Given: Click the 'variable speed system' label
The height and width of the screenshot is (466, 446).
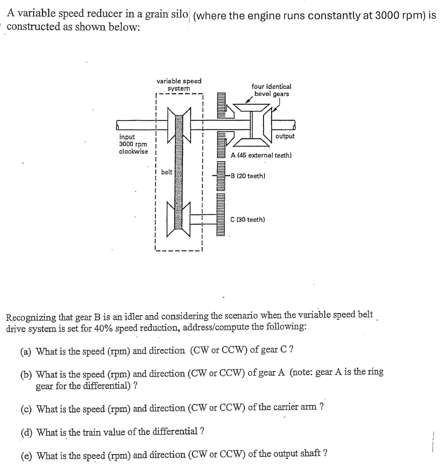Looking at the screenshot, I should click(x=179, y=85).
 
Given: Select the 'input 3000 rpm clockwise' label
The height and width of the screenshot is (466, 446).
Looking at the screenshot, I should click(x=133, y=144).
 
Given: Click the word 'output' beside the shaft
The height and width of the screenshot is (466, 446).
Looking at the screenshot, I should click(x=285, y=136).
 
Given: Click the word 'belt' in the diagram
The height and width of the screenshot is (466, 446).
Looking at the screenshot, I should click(x=167, y=172).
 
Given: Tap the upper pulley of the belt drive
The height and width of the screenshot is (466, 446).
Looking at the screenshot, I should click(x=179, y=123).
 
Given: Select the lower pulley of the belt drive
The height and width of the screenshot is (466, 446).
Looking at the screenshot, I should click(x=179, y=219).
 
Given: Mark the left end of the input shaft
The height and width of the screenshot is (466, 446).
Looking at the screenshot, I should click(x=119, y=124).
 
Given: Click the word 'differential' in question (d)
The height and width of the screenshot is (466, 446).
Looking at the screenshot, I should click(x=173, y=431).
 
